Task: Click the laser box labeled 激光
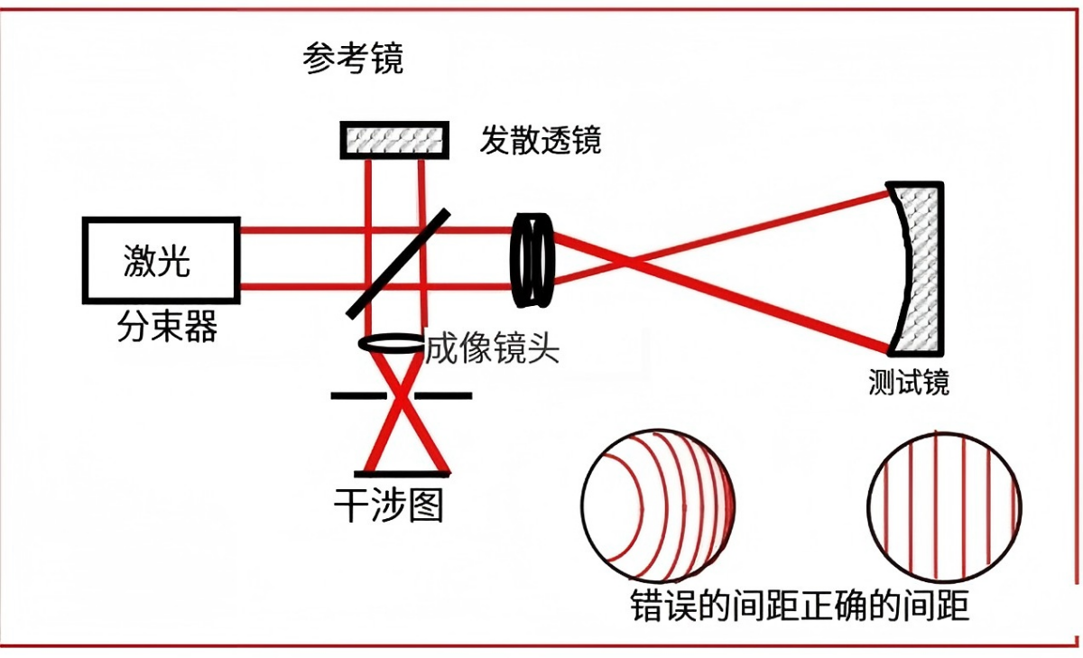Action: (x=161, y=260)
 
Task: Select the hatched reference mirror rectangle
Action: (x=393, y=140)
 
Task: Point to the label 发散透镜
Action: (x=540, y=140)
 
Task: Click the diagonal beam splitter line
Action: (x=397, y=264)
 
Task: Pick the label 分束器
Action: (x=167, y=327)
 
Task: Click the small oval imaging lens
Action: (x=391, y=343)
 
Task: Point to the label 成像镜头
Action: (x=492, y=348)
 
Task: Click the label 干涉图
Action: (x=389, y=506)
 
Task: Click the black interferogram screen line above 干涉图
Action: (x=402, y=473)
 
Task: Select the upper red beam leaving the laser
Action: (x=298, y=230)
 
